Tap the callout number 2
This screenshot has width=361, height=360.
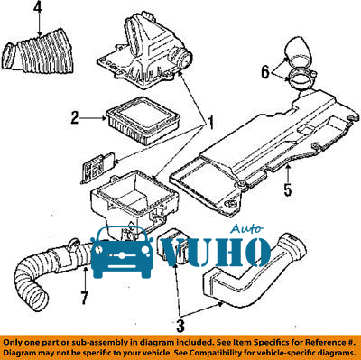[75, 117]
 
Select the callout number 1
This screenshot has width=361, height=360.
[210, 123]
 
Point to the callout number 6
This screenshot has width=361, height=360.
[265, 72]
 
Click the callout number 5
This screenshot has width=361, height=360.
[288, 190]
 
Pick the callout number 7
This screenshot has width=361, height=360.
[84, 298]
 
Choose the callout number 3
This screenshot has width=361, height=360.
[180, 326]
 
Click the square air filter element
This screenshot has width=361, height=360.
[143, 120]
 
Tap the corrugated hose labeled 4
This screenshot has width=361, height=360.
[39, 51]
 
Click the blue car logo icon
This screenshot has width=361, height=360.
[122, 253]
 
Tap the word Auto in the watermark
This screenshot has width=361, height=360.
[247, 229]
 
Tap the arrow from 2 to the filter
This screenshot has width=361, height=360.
[94, 118]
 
